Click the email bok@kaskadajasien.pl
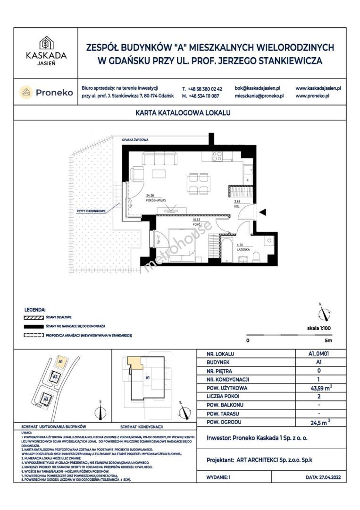[x=257, y=88]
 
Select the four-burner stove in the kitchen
[x=217, y=155]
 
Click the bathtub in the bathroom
[x=227, y=248]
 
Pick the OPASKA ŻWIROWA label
[x=135, y=141]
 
